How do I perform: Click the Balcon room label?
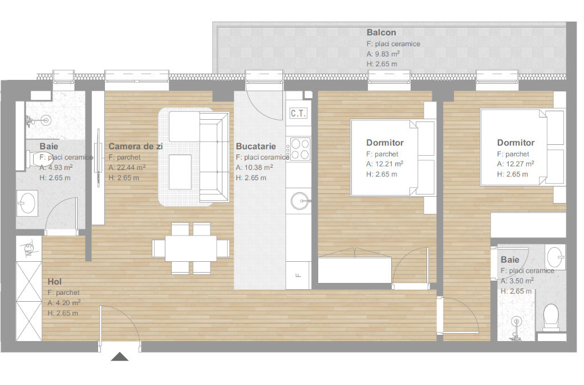click(381, 33)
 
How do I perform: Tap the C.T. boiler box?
click(298, 113)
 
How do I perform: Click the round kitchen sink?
click(299, 201)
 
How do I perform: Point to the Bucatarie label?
click(256, 147)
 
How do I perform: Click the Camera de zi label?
click(136, 147)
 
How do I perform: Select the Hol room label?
click(55, 282)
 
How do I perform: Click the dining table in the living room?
click(190, 248)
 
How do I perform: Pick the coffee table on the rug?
click(180, 172)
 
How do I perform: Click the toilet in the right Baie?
click(551, 318)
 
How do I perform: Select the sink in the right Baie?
click(555, 257)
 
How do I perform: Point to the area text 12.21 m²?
click(385, 164)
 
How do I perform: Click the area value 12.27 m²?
click(516, 164)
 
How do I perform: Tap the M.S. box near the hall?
click(29, 248)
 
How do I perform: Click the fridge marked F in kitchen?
click(298, 275)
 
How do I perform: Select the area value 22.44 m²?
click(127, 168)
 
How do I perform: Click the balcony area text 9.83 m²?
click(383, 54)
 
